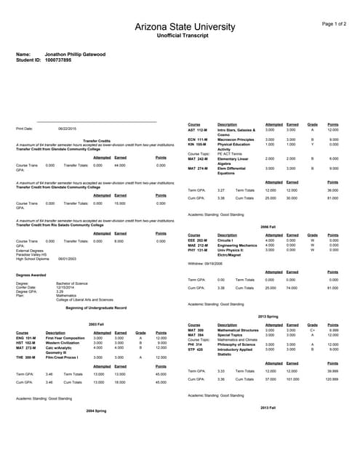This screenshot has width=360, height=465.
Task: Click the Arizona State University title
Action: (x=179, y=27)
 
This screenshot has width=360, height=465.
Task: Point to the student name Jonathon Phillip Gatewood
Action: (x=72, y=54)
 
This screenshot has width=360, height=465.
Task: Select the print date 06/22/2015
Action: (x=68, y=129)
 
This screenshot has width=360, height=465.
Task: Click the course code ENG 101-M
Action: (x=25, y=338)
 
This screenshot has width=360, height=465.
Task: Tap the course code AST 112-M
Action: (x=198, y=129)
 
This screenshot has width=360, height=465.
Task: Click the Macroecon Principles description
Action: (x=235, y=139)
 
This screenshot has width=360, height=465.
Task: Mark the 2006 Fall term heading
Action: (x=268, y=227)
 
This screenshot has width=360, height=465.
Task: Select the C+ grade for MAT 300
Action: (x=312, y=330)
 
